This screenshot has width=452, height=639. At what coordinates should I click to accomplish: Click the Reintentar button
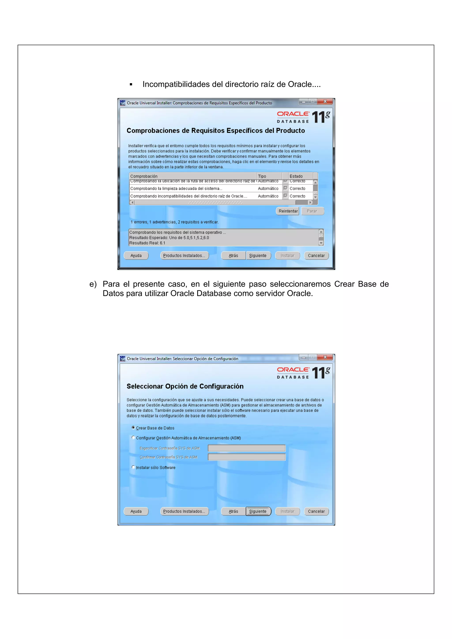(x=288, y=211)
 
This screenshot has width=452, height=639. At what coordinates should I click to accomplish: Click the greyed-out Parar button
(x=312, y=211)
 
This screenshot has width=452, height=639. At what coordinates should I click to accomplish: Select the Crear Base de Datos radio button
(x=133, y=427)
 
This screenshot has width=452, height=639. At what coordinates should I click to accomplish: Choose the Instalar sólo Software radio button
(x=133, y=467)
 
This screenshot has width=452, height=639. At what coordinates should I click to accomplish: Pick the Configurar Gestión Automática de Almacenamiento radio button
(x=133, y=437)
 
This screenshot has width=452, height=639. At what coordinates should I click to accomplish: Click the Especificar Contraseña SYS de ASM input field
(x=247, y=448)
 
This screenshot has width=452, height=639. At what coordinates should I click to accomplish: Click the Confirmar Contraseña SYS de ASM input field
(x=247, y=457)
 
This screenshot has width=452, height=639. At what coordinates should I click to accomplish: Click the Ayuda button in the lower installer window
(x=136, y=511)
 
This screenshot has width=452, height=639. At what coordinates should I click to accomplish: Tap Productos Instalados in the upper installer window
(x=184, y=255)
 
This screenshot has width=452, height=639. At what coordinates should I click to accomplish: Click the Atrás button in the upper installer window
(x=233, y=255)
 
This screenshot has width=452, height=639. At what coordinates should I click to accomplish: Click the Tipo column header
(x=269, y=176)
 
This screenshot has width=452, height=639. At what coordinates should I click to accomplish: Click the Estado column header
(x=300, y=176)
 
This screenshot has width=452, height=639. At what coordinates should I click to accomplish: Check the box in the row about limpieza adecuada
(x=285, y=188)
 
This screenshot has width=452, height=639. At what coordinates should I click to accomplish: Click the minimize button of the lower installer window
(x=303, y=357)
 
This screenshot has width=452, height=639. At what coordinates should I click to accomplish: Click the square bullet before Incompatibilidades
(x=131, y=84)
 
